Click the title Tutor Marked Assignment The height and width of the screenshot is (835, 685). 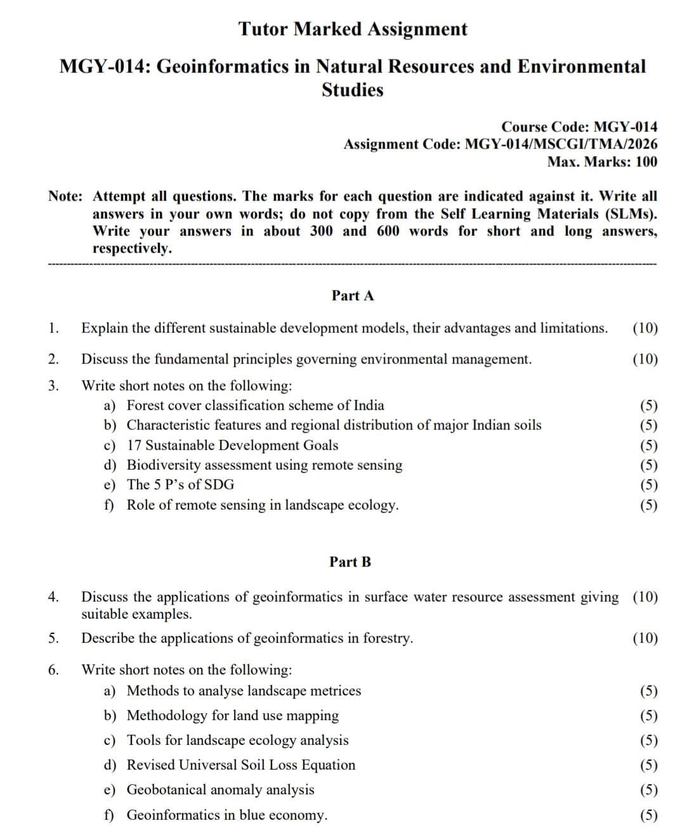point(353,29)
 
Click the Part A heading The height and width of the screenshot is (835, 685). point(353,295)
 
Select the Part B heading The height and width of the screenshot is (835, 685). point(350,562)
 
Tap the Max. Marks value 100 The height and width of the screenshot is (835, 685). point(646,162)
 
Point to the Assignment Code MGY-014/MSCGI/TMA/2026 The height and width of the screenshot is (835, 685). point(561,145)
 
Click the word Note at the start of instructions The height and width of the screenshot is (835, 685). point(64,197)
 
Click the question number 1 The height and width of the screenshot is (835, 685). point(53,328)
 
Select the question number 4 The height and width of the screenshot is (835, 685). point(53,597)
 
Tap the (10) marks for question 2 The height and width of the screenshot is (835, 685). point(645,359)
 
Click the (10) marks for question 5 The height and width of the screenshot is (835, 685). point(645,638)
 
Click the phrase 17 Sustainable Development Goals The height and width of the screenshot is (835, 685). point(232,446)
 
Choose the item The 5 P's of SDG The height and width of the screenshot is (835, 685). point(180,485)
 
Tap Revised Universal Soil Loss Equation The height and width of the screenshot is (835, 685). point(241,765)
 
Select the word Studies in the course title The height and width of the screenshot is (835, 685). point(353,91)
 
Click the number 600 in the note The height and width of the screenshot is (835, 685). point(388,231)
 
